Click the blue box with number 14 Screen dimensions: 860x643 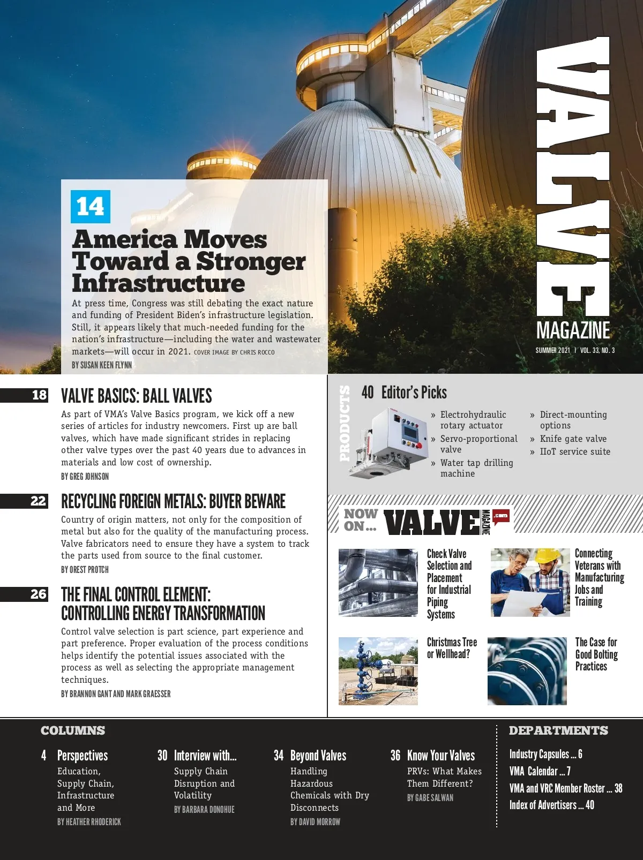click(91, 207)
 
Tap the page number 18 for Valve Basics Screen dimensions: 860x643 click(39, 395)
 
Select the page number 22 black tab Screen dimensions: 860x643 click(38, 501)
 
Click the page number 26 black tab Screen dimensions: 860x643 click(38, 594)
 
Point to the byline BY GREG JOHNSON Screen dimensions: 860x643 click(85, 477)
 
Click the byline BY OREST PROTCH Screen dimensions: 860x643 click(85, 570)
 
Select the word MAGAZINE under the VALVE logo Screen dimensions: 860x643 click(573, 330)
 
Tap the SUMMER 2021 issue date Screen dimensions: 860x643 click(552, 351)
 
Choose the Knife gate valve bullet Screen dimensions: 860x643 click(573, 439)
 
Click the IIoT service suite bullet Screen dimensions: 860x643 click(574, 451)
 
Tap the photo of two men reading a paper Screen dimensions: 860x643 click(530, 583)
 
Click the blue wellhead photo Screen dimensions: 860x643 click(378, 671)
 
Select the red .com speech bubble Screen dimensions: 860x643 click(500, 516)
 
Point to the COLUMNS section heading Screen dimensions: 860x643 click(73, 730)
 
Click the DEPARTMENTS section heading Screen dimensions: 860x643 click(558, 730)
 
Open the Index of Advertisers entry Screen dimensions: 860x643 click(551, 805)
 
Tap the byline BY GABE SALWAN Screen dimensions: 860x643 click(430, 798)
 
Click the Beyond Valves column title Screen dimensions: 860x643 click(318, 756)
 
